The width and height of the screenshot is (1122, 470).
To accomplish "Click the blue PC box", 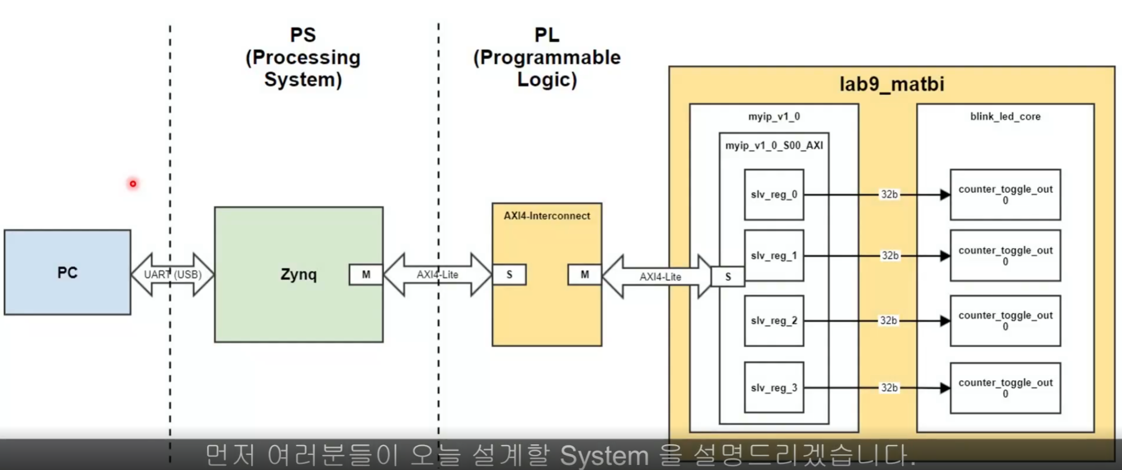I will pos(68,272).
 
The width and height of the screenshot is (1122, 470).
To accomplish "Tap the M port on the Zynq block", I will pos(366,274).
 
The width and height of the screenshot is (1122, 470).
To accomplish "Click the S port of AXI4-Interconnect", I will pos(509,274).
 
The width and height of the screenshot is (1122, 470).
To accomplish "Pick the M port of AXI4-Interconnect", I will pos(584,274).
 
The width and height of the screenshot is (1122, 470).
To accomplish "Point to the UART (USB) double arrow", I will pos(172,274).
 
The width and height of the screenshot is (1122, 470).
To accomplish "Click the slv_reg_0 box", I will pos(774,195).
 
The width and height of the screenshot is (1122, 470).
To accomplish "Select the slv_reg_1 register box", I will pos(774,255).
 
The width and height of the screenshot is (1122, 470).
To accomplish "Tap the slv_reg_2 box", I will pos(774,321).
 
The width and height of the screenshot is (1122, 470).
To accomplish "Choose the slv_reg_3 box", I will pos(774,387).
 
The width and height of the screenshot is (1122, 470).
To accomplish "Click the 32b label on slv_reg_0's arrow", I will pos(889,195).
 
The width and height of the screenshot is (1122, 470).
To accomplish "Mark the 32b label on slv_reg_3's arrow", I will pos(889,387).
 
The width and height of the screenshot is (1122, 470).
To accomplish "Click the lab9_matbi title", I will pos(891,84).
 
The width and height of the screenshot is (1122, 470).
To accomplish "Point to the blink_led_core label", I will pos(1005,117).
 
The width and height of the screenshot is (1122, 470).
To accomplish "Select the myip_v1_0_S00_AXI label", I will pos(774,146).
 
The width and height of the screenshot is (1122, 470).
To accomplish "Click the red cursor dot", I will pos(133,183).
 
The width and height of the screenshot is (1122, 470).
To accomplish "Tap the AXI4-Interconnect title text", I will pos(546,216).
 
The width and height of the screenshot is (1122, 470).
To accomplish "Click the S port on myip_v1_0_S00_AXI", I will pos(728,277).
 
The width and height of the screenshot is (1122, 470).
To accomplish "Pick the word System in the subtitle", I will pos(604,456).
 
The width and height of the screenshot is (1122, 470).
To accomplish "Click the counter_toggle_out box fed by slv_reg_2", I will pos(1005,321).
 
